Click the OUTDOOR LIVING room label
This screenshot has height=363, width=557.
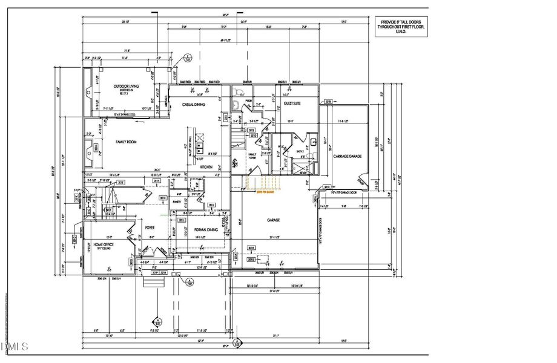[127, 87]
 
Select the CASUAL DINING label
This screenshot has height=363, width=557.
[193, 105]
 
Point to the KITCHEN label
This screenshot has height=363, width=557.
[206, 166]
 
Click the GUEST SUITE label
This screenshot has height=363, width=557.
[292, 104]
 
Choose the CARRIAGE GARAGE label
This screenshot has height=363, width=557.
[347, 156]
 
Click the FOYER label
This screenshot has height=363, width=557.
[150, 227]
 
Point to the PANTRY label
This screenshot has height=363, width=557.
[177, 201]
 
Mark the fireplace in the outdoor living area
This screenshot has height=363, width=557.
[89, 93]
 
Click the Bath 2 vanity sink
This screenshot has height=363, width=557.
[314, 143]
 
